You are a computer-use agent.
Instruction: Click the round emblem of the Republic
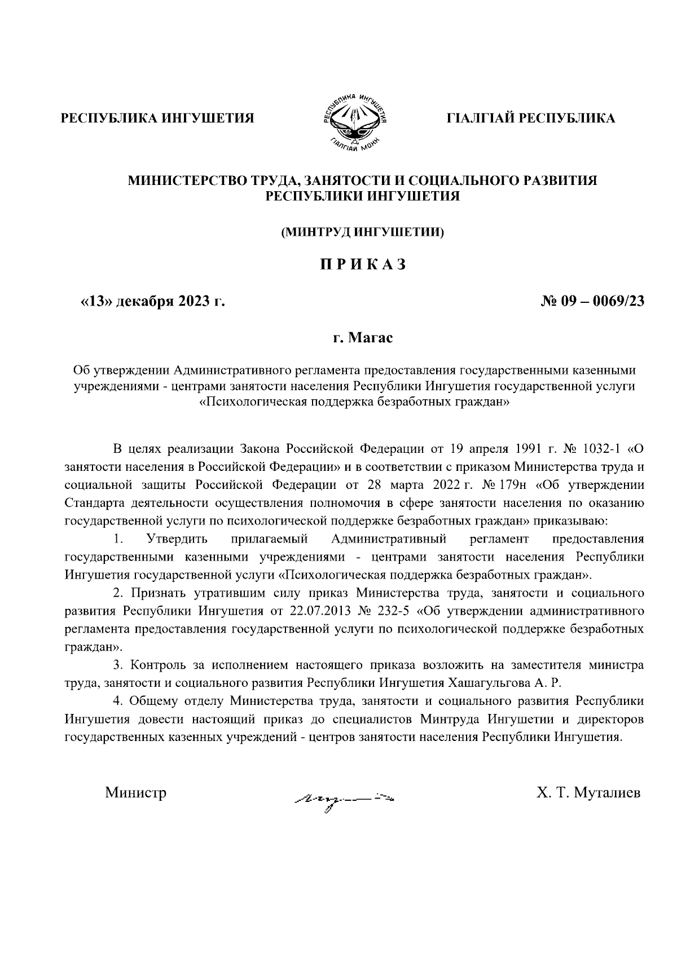click(353, 119)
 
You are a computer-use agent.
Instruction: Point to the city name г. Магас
click(362, 338)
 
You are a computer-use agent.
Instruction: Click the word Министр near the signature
click(136, 793)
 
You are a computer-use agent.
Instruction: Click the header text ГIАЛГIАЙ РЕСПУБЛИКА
click(530, 118)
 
